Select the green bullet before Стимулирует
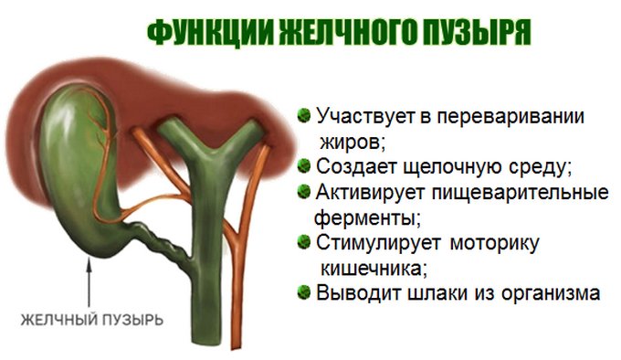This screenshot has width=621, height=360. pyautogui.click(x=303, y=242)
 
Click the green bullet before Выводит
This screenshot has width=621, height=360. pyautogui.click(x=303, y=292)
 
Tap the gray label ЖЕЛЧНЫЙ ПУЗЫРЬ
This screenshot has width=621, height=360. pyautogui.click(x=93, y=321)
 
